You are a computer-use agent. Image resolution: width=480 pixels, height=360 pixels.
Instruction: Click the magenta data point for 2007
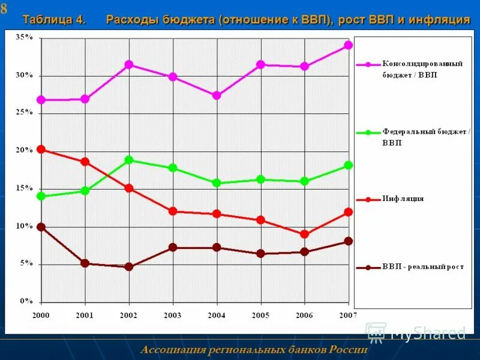pos(348,45)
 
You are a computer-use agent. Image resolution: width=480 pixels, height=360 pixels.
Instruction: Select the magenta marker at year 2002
pos(128,64)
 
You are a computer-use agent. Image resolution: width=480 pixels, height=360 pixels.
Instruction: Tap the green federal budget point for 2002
pos(128,160)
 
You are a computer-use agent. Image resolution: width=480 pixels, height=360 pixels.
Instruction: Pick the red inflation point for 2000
pos(41,149)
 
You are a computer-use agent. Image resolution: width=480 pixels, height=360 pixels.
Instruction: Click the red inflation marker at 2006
pos(304,234)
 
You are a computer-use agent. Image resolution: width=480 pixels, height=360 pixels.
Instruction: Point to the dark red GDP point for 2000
pos(41,227)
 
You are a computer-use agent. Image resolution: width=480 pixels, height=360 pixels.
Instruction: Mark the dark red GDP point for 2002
pos(128,267)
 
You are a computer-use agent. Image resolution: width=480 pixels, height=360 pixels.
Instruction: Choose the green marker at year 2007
pos(348,165)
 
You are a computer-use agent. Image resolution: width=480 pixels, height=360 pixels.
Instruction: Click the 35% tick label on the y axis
pos(24,37)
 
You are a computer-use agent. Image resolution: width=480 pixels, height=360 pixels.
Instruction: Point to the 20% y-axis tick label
pos(24,151)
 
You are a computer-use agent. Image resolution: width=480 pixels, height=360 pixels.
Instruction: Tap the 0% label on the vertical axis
pos(26,301)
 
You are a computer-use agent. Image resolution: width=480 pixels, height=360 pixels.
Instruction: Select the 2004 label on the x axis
pos(216,315)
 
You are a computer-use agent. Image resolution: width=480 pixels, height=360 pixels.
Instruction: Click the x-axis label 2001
pos(85,315)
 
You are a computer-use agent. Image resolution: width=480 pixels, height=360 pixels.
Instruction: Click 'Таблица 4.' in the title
pos(54,20)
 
